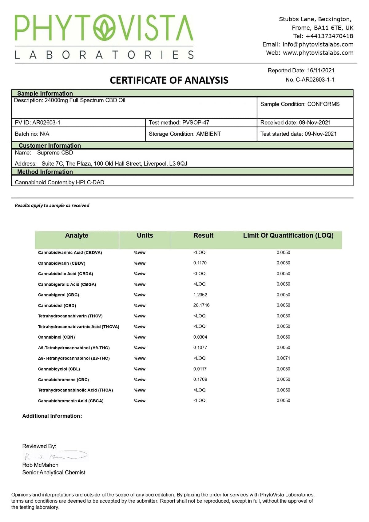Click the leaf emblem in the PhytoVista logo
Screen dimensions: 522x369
pyautogui.click(x=104, y=28)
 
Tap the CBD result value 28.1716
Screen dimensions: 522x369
pyautogui.click(x=201, y=305)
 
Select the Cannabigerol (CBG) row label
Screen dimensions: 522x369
pyautogui.click(x=58, y=295)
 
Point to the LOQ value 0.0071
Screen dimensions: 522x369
pyautogui.click(x=283, y=358)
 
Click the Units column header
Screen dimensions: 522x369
pyautogui.click(x=145, y=235)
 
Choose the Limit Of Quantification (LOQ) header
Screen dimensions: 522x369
pyautogui.click(x=288, y=235)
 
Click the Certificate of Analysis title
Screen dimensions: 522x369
pyautogui.click(x=169, y=80)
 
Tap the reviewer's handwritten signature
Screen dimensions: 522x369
pyautogui.click(x=55, y=456)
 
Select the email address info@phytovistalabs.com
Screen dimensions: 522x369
pyautogui.click(x=318, y=44)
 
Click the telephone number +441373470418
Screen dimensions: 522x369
pyautogui.click(x=329, y=36)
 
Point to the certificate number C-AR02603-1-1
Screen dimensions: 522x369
pyautogui.click(x=315, y=80)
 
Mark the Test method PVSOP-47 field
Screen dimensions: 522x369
pyautogui.click(x=179, y=122)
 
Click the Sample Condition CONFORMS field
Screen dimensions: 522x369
pyautogui.click(x=300, y=104)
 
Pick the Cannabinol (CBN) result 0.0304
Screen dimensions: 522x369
pyautogui.click(x=200, y=337)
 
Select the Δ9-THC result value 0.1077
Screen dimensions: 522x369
pyautogui.click(x=200, y=347)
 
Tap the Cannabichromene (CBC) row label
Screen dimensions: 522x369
pyautogui.click(x=63, y=380)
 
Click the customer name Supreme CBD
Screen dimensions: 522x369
pyautogui.click(x=55, y=153)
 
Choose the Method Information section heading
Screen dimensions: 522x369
pyautogui.click(x=45, y=172)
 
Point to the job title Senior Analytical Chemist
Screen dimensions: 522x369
pyautogui.click(x=54, y=472)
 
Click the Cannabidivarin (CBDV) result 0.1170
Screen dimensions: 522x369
pyautogui.click(x=200, y=263)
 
